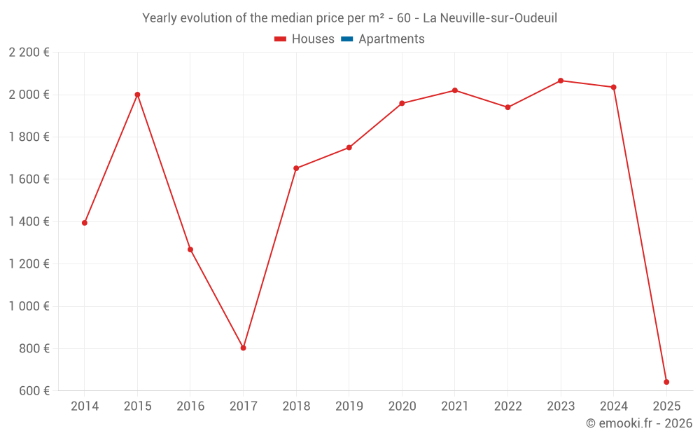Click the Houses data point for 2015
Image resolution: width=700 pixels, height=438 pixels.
coord(137,95)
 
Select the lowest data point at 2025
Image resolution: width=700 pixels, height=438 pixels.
coord(666,382)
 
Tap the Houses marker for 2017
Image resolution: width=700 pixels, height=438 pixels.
coord(243,348)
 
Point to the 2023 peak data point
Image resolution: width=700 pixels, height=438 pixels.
coord(561,81)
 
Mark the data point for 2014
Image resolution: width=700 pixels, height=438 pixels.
coord(85,223)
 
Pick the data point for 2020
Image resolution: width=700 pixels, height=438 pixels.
coord(402,103)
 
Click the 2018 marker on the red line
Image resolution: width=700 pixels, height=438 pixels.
coord(296,168)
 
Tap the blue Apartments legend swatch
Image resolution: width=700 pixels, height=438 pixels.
coord(346,39)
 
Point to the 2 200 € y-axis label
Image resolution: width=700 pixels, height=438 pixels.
coord(29,53)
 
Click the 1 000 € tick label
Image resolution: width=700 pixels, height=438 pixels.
coord(29,306)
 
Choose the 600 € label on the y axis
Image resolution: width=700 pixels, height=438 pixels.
coord(33,391)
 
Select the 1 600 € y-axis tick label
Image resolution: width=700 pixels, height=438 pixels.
coord(29,179)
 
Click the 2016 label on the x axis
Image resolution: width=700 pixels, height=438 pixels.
coord(190,406)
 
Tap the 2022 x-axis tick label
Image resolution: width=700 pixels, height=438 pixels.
coord(507,406)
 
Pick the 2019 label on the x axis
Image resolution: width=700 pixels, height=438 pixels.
coord(349,406)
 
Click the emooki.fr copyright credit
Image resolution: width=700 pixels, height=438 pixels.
coord(638,423)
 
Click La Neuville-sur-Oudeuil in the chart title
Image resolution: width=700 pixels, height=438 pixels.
coord(490,18)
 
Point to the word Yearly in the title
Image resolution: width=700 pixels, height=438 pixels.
coord(160,18)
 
